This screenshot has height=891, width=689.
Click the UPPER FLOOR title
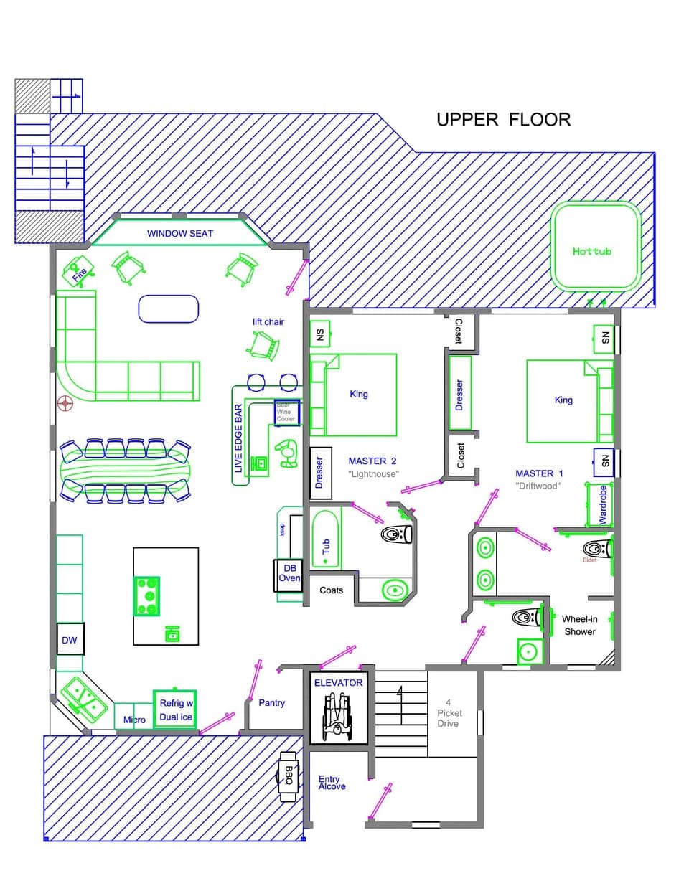pyautogui.click(x=503, y=119)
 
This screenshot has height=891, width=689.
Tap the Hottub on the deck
pyautogui.click(x=595, y=247)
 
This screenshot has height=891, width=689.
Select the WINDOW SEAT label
pyautogui.click(x=179, y=233)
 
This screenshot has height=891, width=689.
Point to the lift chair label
pyautogui.click(x=268, y=322)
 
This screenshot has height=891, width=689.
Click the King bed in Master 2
pyautogui.click(x=359, y=394)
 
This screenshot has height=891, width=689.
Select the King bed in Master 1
pyautogui.click(x=563, y=400)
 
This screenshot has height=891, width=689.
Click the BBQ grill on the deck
pyautogui.click(x=289, y=774)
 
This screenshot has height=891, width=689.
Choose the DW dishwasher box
pyautogui.click(x=70, y=640)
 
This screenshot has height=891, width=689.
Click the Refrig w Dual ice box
pyautogui.click(x=175, y=709)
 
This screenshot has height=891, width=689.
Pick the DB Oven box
pyautogui.click(x=289, y=573)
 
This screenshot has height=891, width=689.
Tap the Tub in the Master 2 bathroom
pyautogui.click(x=326, y=546)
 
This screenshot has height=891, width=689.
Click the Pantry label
pyautogui.click(x=271, y=703)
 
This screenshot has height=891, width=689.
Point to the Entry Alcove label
pyautogui.click(x=332, y=783)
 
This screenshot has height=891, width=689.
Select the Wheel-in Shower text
pyautogui.click(x=579, y=625)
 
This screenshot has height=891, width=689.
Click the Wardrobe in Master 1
pyautogui.click(x=602, y=504)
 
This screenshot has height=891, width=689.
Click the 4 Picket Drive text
pyautogui.click(x=449, y=713)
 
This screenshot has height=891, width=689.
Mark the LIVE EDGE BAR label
pyautogui.click(x=239, y=438)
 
